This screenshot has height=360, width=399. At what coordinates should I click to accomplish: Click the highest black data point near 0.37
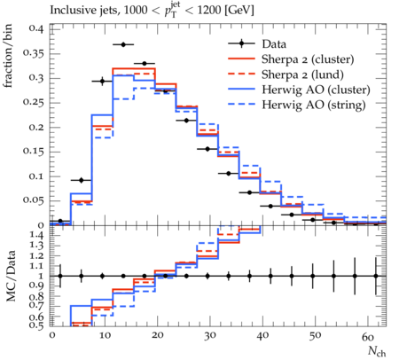(123, 44)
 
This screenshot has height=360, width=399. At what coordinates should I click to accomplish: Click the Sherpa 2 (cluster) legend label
(308, 59)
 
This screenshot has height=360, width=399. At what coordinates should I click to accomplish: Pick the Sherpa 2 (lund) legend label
(302, 74)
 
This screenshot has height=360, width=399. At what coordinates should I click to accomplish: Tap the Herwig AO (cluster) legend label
(316, 90)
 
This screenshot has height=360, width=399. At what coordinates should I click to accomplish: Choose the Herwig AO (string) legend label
(314, 105)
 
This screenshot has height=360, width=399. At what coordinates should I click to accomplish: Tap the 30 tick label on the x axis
(210, 336)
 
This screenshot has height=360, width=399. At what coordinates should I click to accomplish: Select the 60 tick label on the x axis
(368, 336)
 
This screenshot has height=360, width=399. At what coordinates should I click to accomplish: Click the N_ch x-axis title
(377, 352)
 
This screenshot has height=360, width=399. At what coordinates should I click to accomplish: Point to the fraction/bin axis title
(8, 56)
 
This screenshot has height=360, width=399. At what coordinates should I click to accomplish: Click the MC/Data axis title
(11, 276)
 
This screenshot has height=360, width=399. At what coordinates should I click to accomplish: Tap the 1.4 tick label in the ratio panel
(36, 236)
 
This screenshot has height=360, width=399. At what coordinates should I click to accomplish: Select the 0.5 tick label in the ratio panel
(36, 325)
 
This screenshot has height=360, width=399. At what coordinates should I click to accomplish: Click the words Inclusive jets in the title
(83, 11)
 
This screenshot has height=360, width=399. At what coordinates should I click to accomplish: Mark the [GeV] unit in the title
(239, 10)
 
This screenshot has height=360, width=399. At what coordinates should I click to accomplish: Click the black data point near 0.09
(82, 180)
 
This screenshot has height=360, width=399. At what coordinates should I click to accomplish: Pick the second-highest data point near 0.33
(145, 64)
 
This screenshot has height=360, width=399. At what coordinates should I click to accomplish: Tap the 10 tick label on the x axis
(105, 336)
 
